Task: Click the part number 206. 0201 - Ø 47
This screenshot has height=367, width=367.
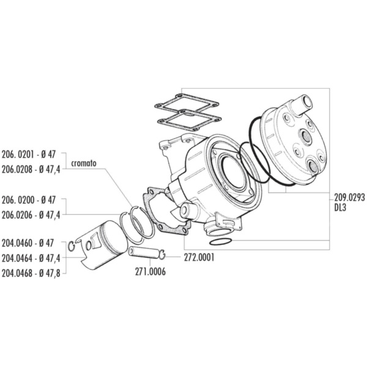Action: pyautogui.click(x=29, y=155)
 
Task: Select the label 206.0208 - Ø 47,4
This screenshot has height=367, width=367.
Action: pyautogui.click(x=31, y=169)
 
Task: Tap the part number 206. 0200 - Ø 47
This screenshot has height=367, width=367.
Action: pyautogui.click(x=29, y=200)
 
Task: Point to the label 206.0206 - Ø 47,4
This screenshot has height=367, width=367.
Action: pyautogui.click(x=31, y=215)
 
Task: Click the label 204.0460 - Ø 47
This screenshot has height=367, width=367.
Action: pyautogui.click(x=28, y=243)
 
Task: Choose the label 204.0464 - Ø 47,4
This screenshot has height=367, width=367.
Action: pyautogui.click(x=31, y=258)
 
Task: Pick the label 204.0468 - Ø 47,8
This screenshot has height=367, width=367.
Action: pyautogui.click(x=31, y=273)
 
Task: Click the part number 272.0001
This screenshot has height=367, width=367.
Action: pyautogui.click(x=199, y=258)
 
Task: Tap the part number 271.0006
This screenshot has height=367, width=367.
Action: pyautogui.click(x=150, y=272)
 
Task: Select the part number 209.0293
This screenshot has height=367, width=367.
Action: pyautogui.click(x=349, y=198)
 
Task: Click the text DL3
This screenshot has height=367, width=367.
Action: pyautogui.click(x=340, y=207)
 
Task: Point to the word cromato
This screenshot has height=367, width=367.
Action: pyautogui.click(x=84, y=163)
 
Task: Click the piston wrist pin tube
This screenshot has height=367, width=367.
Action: pyautogui.click(x=143, y=253)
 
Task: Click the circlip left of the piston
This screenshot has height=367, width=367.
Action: pyautogui.click(x=72, y=247)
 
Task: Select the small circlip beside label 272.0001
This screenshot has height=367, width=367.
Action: pyautogui.click(x=162, y=254)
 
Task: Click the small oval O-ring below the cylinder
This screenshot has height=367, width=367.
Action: pyautogui.click(x=221, y=242)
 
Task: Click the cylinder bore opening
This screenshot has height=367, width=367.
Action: pyautogui.click(x=234, y=172)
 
